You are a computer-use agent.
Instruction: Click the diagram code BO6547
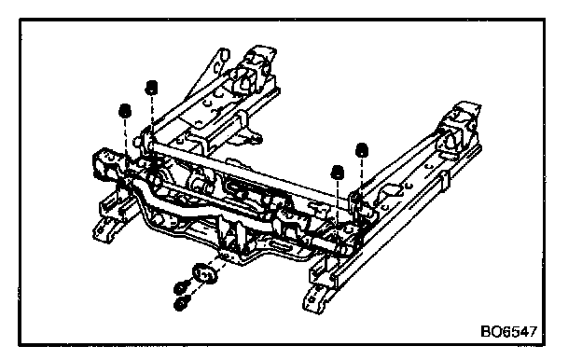[508, 331]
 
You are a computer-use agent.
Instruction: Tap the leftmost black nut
[125, 111]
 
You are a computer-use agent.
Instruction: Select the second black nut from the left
[151, 88]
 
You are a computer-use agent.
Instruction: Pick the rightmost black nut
[362, 150]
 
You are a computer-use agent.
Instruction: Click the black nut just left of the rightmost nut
[337, 173]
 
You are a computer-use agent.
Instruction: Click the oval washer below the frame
[204, 273]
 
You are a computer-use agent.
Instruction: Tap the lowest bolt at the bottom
[181, 304]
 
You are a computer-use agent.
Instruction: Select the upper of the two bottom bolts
[182, 287]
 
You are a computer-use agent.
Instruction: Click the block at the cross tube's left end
[107, 163]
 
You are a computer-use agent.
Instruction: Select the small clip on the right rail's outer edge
[444, 182]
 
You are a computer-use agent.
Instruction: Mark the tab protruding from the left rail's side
[252, 138]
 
